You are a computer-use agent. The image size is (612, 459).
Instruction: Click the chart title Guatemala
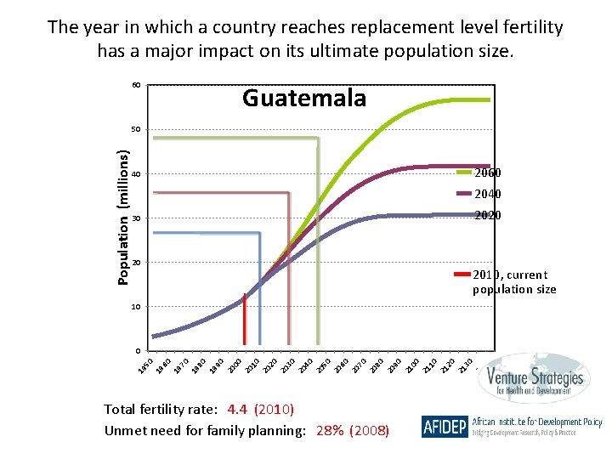click(x=304, y=99)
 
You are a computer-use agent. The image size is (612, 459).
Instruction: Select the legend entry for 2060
click(x=487, y=173)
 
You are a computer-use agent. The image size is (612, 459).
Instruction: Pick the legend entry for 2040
click(x=487, y=194)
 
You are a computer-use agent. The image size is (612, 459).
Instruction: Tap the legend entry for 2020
click(x=487, y=215)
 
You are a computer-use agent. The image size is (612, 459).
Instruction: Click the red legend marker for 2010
click(x=462, y=274)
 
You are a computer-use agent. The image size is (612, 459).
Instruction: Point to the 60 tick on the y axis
click(x=136, y=85)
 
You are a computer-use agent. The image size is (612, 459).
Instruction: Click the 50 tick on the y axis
click(x=136, y=130)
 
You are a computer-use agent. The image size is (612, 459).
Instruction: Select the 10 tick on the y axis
click(x=136, y=306)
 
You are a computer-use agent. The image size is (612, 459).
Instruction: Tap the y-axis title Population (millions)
click(x=123, y=218)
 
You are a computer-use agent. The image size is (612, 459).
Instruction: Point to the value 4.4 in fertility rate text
click(x=238, y=410)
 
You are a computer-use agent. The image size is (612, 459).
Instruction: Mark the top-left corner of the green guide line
click(x=154, y=138)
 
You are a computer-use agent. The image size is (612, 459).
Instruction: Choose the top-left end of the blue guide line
click(x=154, y=232)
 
